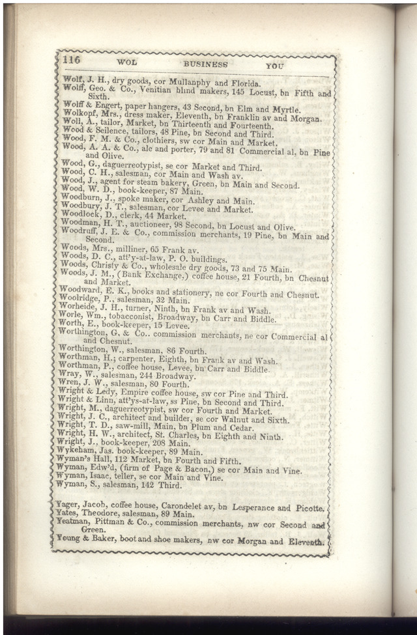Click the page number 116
pos(71,60)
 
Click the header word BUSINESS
pos(205,64)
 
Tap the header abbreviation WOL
pos(126,63)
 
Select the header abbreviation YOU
pos(276,66)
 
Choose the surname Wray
pos(69,376)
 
